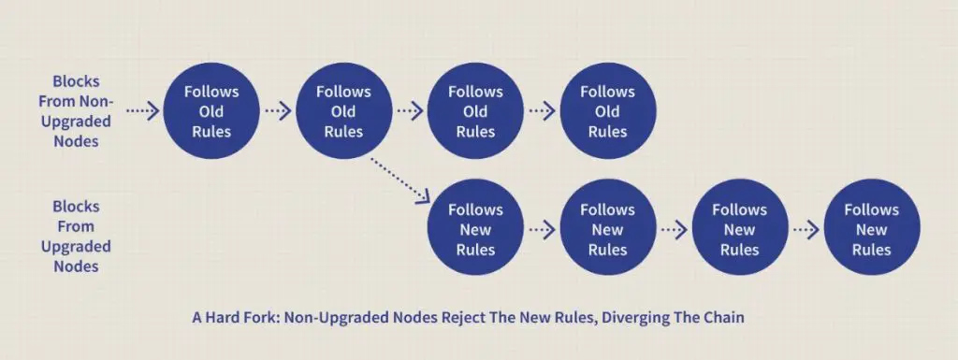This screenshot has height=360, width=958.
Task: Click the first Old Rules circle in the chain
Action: click(x=211, y=111)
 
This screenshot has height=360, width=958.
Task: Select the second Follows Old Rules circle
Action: click(x=343, y=111)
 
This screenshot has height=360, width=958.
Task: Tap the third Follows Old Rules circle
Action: click(x=475, y=111)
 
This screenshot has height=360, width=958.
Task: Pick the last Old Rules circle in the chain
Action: click(x=608, y=111)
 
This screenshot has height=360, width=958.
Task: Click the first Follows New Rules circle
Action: click(x=475, y=229)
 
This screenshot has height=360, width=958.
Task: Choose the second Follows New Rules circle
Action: click(x=608, y=229)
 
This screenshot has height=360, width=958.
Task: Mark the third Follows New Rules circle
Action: click(x=740, y=229)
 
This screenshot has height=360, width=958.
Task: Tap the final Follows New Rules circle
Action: click(x=872, y=229)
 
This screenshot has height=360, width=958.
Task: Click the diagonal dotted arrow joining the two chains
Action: click(x=400, y=180)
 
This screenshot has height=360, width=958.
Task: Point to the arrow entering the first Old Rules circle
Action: click(x=143, y=111)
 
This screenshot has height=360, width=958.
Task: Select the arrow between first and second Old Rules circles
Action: click(x=277, y=111)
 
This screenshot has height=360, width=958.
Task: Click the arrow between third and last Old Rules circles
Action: click(x=542, y=111)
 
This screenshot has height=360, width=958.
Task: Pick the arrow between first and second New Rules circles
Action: click(x=542, y=229)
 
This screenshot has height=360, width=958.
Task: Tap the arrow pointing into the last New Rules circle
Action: click(x=806, y=229)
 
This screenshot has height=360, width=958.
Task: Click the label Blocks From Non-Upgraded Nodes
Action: click(x=76, y=111)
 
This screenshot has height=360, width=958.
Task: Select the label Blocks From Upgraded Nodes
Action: click(x=76, y=237)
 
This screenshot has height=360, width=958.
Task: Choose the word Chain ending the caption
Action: click(x=724, y=318)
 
